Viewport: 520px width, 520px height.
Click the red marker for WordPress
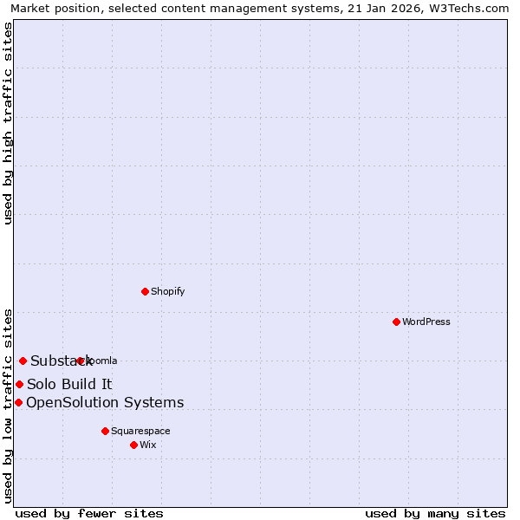click(396, 322)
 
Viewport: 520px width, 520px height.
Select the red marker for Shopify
click(145, 291)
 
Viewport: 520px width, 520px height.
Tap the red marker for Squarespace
click(105, 431)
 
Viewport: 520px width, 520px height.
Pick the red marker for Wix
click(133, 445)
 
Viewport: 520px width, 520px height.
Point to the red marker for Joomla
click(80, 361)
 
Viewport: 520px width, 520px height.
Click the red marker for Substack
click(23, 361)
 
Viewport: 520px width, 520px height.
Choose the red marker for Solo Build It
click(19, 384)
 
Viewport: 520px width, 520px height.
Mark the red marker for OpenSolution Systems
click(18, 402)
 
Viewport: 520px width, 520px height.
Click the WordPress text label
click(426, 322)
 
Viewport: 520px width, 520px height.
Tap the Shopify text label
click(168, 291)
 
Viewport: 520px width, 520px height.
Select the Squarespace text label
click(140, 431)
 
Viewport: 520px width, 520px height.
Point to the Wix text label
click(147, 445)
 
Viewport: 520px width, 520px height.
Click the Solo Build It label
click(69, 384)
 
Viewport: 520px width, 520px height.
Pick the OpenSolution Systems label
click(105, 402)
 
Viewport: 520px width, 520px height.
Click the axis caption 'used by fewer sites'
click(89, 513)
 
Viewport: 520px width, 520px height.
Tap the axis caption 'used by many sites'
click(435, 513)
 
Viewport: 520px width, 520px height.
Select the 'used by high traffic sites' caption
click(8, 123)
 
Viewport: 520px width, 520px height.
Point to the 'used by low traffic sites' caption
click(8, 405)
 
